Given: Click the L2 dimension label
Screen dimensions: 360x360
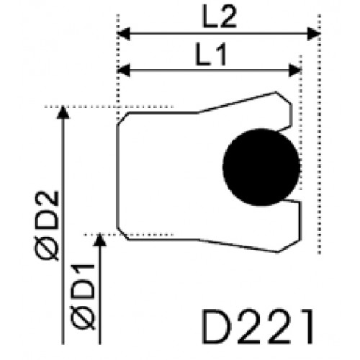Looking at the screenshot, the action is pyautogui.click(x=220, y=17).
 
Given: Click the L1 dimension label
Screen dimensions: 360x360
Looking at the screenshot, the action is pyautogui.click(x=211, y=54).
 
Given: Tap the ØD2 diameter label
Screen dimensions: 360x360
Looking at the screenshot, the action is pyautogui.click(x=47, y=225).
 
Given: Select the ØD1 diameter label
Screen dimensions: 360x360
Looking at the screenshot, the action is pyautogui.click(x=83, y=296).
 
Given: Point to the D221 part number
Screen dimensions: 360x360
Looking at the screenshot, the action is pyautogui.click(x=258, y=326).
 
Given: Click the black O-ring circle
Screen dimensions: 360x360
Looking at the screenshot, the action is pyautogui.click(x=261, y=167).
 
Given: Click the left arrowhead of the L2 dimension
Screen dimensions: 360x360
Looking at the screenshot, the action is pyautogui.click(x=124, y=34).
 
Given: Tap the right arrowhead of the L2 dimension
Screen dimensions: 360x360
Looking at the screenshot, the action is pyautogui.click(x=314, y=34).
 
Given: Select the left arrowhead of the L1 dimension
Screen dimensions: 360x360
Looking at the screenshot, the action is pyautogui.click(x=124, y=71).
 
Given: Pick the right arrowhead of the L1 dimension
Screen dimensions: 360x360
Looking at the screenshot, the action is pyautogui.click(x=294, y=71).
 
